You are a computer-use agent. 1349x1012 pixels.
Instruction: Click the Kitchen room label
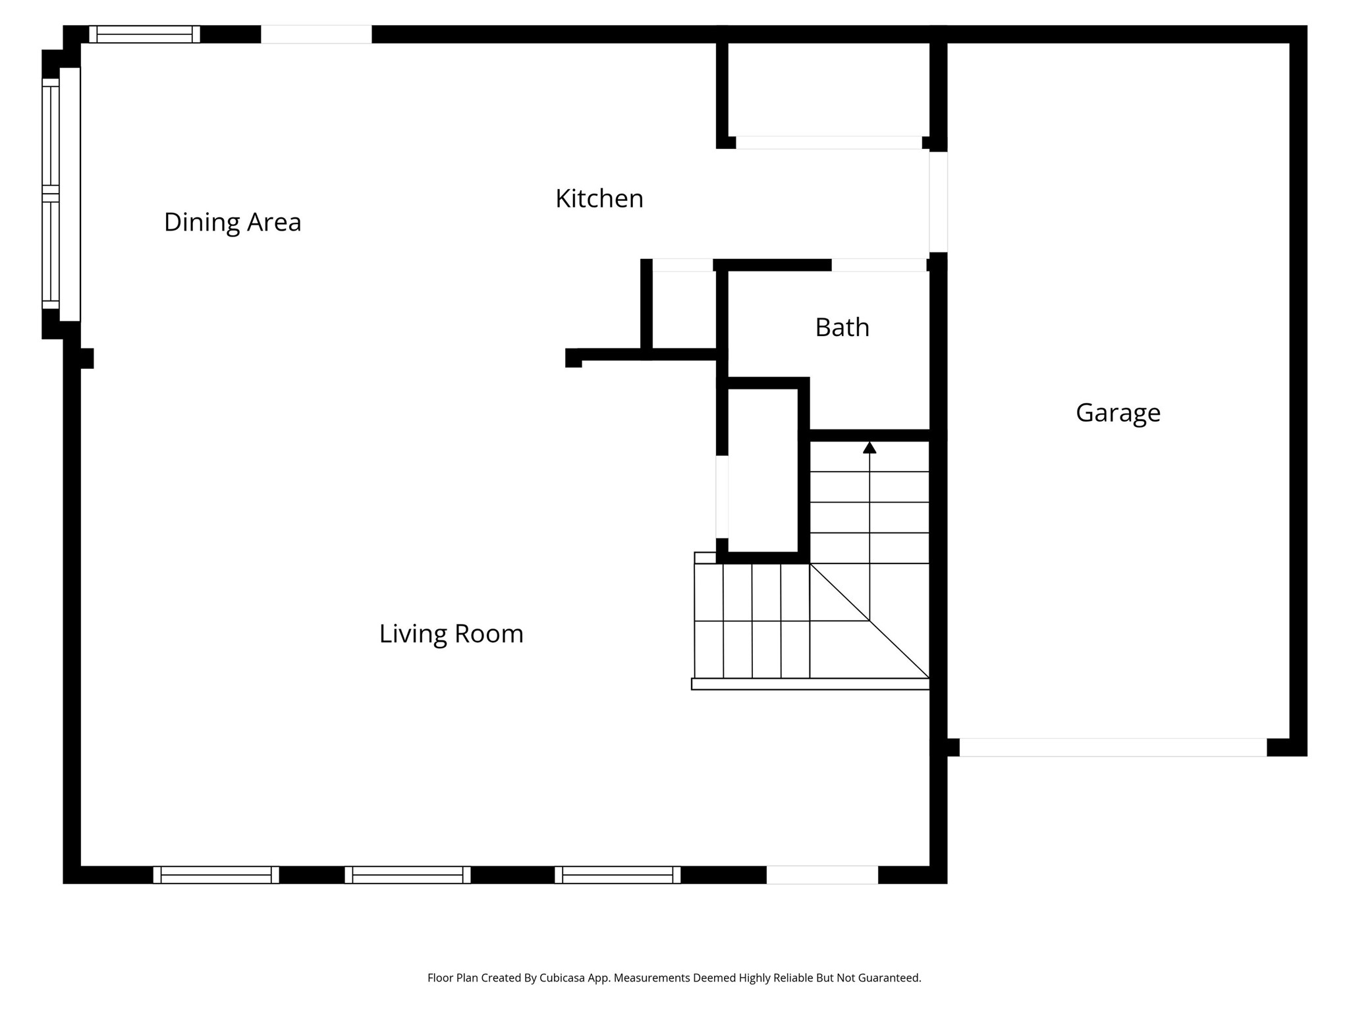599,198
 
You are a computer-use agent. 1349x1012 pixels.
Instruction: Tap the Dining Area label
233,222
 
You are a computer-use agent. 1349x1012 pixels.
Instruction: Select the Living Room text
451,634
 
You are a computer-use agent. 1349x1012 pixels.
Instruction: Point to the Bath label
842,327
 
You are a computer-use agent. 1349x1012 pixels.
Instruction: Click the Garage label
1118,412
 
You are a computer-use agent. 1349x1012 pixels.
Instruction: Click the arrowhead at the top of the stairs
869,448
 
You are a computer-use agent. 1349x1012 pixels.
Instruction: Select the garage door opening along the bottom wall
1113,747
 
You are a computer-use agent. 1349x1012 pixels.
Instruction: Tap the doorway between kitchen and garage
938,202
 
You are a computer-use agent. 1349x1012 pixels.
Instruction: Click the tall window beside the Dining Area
51,194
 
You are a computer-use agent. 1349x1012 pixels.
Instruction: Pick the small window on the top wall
144,34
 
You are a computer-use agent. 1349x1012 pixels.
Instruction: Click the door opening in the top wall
316,34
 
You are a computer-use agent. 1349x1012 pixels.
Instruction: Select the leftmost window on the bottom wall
216,875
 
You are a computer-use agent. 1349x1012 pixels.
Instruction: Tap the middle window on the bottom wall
408,875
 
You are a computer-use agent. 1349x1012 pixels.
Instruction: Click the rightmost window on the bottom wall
618,875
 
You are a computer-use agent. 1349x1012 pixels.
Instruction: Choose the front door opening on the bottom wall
822,875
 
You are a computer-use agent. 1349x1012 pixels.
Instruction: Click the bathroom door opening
879,265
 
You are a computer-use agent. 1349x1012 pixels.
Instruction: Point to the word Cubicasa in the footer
563,978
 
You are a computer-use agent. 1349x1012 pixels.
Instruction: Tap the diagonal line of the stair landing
869,621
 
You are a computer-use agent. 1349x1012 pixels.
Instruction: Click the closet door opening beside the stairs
722,497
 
